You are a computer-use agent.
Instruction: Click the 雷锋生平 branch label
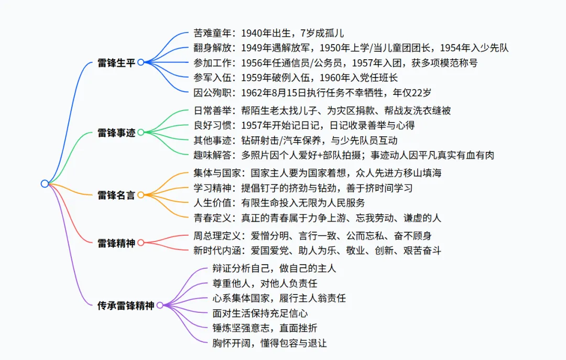coord(116,63)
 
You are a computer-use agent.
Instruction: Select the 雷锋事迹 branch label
coord(116,133)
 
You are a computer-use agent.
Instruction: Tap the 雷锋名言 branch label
coord(116,195)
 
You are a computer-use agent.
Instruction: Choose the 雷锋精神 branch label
coord(116,243)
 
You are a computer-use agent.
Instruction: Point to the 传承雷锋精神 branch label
coord(126,305)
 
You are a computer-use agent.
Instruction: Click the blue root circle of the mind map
coord(45,183)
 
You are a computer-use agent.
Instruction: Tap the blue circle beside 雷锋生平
coord(140,62)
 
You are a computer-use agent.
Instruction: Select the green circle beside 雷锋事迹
coord(140,133)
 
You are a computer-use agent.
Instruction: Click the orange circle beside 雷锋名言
coord(140,195)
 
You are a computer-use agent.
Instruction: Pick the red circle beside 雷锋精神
coord(140,243)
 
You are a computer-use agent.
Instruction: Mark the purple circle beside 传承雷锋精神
coord(160,305)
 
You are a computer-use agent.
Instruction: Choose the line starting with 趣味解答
coord(343,155)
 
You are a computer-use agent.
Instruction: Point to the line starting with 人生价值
coord(279,202)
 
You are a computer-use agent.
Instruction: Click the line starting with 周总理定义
coord(312,236)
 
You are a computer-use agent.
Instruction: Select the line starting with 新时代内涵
coord(317,250)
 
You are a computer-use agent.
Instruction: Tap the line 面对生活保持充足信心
coord(260,313)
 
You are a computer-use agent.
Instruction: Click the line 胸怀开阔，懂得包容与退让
coord(270,343)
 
